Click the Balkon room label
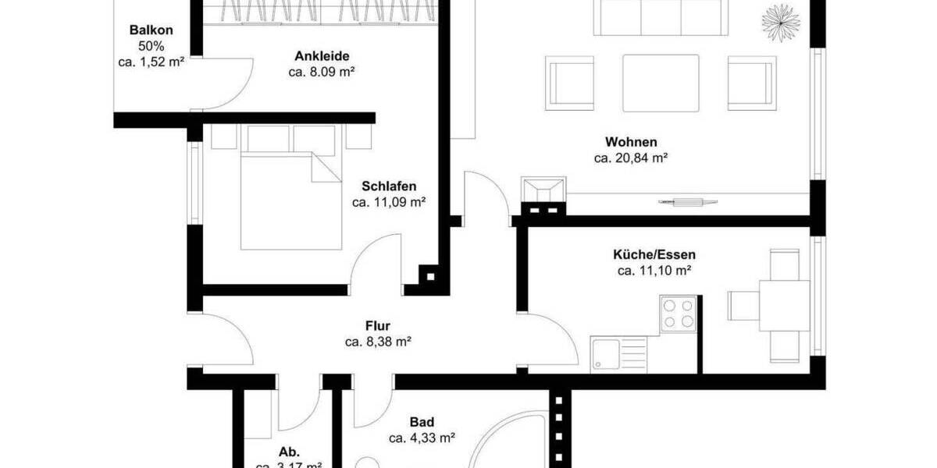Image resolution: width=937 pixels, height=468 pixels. click(x=151, y=30)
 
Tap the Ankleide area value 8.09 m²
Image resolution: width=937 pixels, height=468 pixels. click(x=322, y=73)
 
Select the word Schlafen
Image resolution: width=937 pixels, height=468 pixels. click(x=388, y=186)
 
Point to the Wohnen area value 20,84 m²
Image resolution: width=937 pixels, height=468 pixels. click(x=630, y=158)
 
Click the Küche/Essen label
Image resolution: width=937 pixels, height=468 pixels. click(x=654, y=254)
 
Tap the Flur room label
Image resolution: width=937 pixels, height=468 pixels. click(x=377, y=326)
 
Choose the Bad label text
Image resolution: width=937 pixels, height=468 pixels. click(x=422, y=422)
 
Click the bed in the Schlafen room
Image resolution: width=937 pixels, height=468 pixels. click(x=290, y=200)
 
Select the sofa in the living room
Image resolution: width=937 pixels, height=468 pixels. click(x=661, y=17)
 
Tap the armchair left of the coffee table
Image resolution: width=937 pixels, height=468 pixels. click(x=571, y=82)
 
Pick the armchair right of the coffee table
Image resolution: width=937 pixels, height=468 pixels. click(x=751, y=82)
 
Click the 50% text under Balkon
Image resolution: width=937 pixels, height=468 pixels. click(x=151, y=46)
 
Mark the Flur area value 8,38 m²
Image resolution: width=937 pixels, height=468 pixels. click(x=378, y=342)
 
